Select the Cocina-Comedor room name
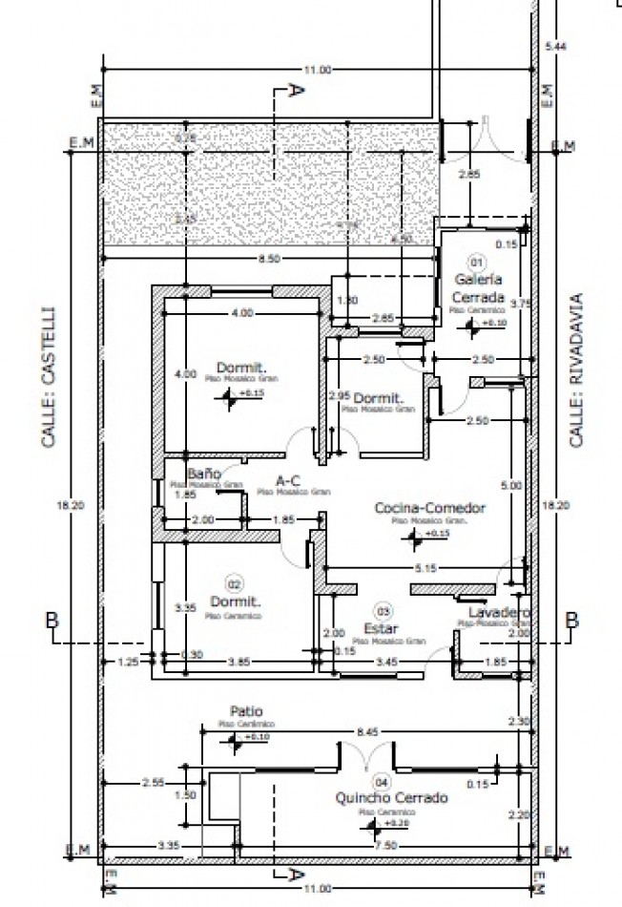pos(429,508)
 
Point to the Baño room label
pos(204,474)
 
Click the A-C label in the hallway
pos(289,480)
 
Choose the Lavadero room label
pos(499,612)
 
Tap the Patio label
pos(246,711)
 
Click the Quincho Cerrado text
pos(390,797)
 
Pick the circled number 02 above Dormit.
pos(233,582)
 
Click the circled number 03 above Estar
pos(384,610)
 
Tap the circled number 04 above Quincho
pos(383,779)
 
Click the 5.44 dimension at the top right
pos(554,47)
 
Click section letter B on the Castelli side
pos(53,621)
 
